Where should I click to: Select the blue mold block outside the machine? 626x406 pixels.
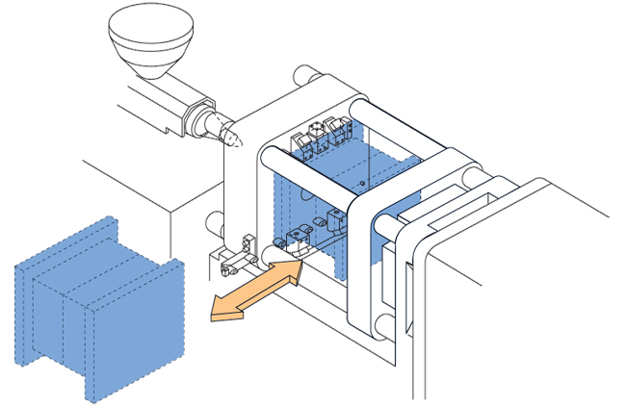pos(96,308)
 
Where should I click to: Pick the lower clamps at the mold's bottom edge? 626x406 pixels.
pos(308,231)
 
